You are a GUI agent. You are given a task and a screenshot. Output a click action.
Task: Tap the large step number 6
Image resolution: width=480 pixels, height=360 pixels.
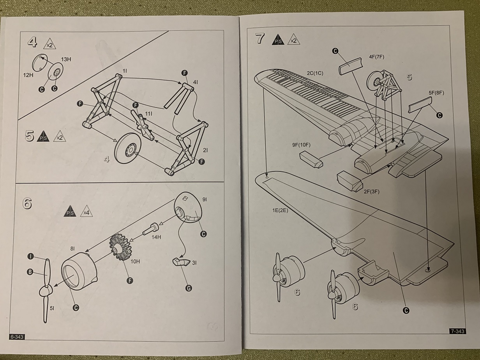tap(27, 204)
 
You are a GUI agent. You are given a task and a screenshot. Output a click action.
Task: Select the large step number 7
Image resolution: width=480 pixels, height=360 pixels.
tap(259, 39)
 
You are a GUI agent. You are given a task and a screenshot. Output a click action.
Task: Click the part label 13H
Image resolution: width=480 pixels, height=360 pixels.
tap(65, 59)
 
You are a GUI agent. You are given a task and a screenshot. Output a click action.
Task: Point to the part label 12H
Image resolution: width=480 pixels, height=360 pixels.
tap(28, 74)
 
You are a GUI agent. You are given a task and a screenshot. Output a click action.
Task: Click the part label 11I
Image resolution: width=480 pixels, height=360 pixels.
tap(148, 113)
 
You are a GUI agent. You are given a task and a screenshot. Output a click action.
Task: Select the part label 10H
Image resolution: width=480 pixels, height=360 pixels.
tap(135, 261)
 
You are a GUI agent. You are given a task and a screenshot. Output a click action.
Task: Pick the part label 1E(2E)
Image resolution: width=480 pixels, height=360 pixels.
tap(280, 210)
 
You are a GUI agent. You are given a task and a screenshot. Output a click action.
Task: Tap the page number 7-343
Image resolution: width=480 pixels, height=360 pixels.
tap(457, 331)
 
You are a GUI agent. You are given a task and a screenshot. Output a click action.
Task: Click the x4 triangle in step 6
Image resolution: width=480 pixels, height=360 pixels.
tap(86, 213)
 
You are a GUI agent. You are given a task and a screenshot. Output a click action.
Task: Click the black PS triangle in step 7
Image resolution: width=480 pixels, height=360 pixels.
tap(278, 40)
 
